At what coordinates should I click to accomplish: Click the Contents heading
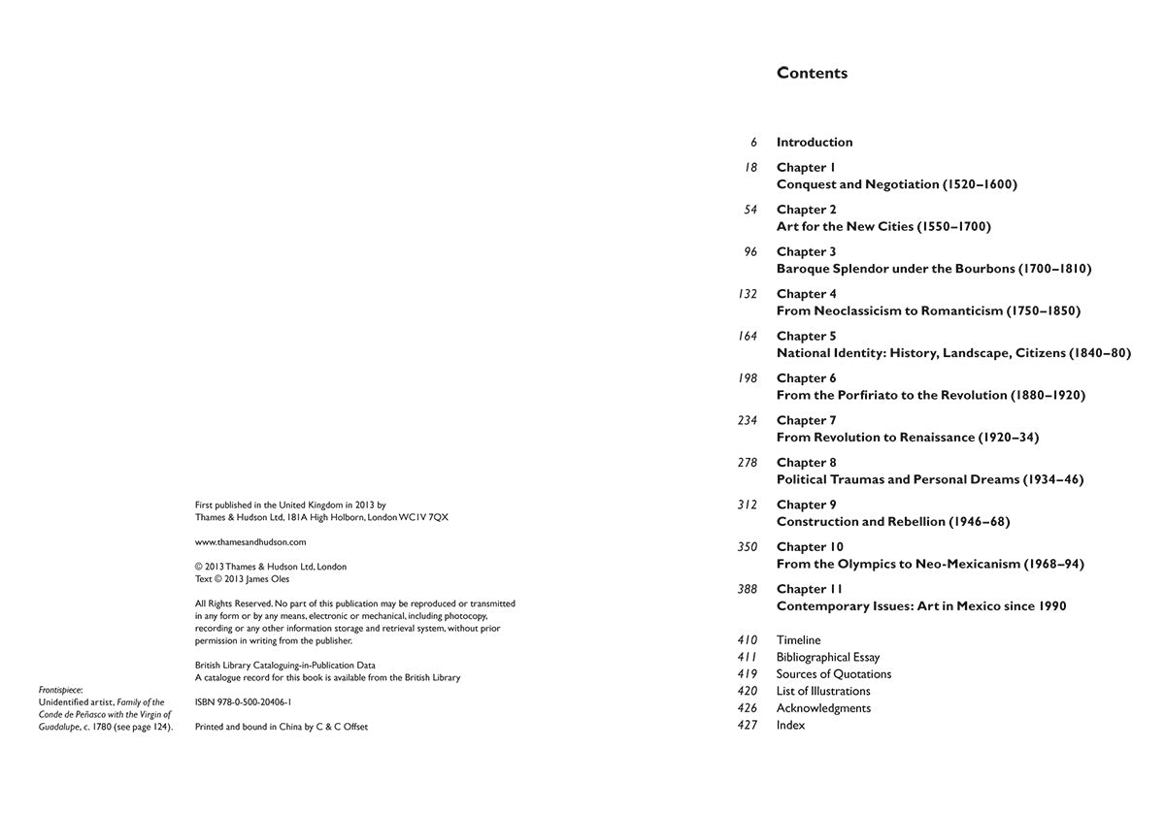point(812,73)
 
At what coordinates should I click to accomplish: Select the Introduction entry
point(815,142)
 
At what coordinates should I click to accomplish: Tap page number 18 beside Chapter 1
point(750,167)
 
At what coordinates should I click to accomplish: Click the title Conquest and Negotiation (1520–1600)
point(896,184)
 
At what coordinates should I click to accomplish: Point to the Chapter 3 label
point(806,251)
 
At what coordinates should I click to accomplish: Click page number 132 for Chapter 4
point(747,294)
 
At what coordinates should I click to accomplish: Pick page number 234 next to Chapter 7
point(747,420)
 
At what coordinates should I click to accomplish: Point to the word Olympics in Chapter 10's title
point(869,564)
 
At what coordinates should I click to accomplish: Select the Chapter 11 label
point(809,589)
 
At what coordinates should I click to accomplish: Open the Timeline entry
point(798,640)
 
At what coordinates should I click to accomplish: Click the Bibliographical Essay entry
point(827,657)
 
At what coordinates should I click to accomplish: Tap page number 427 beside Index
point(747,725)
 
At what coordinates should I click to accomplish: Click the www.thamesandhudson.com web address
point(250,542)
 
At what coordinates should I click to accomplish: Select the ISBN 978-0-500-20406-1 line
point(243,701)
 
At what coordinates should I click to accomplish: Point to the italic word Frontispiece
point(61,690)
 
